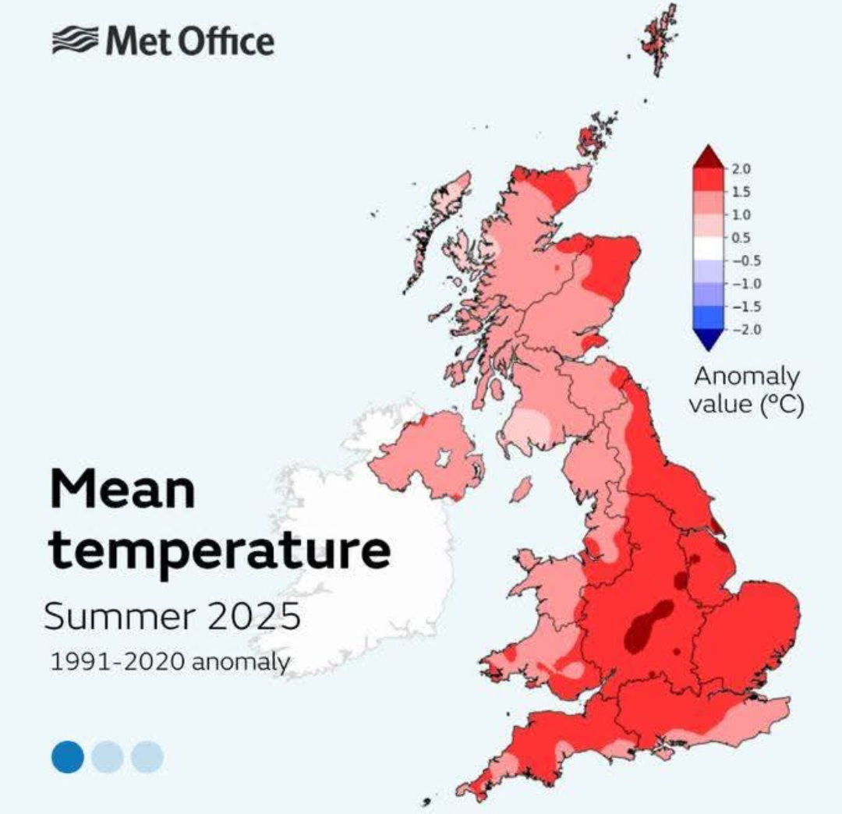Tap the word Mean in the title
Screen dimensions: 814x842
pyautogui.click(x=122, y=489)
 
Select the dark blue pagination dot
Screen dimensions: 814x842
pyautogui.click(x=68, y=756)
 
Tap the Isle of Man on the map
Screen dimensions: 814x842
pyautogui.click(x=520, y=490)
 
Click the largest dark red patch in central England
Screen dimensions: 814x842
pyautogui.click(x=646, y=624)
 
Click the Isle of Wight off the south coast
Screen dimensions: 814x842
pyautogui.click(x=663, y=752)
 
